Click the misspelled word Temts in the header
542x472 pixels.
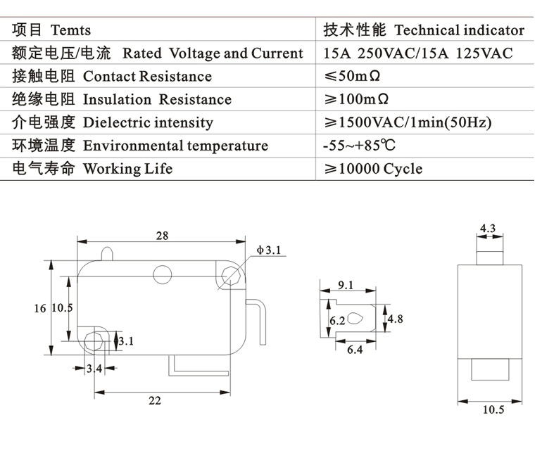(70, 30)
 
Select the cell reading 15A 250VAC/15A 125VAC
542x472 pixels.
(418, 53)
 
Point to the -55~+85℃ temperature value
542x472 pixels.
(358, 146)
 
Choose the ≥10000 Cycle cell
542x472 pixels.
(372, 169)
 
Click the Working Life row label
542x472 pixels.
(127, 169)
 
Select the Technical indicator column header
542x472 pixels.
(459, 30)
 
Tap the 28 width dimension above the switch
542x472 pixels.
(162, 236)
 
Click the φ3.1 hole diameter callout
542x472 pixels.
(268, 250)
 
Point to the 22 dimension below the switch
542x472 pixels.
(155, 400)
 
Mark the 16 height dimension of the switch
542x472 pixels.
(40, 307)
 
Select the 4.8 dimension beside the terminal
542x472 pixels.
(395, 319)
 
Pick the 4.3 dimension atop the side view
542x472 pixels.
(488, 228)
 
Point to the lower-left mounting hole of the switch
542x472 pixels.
(93, 340)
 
